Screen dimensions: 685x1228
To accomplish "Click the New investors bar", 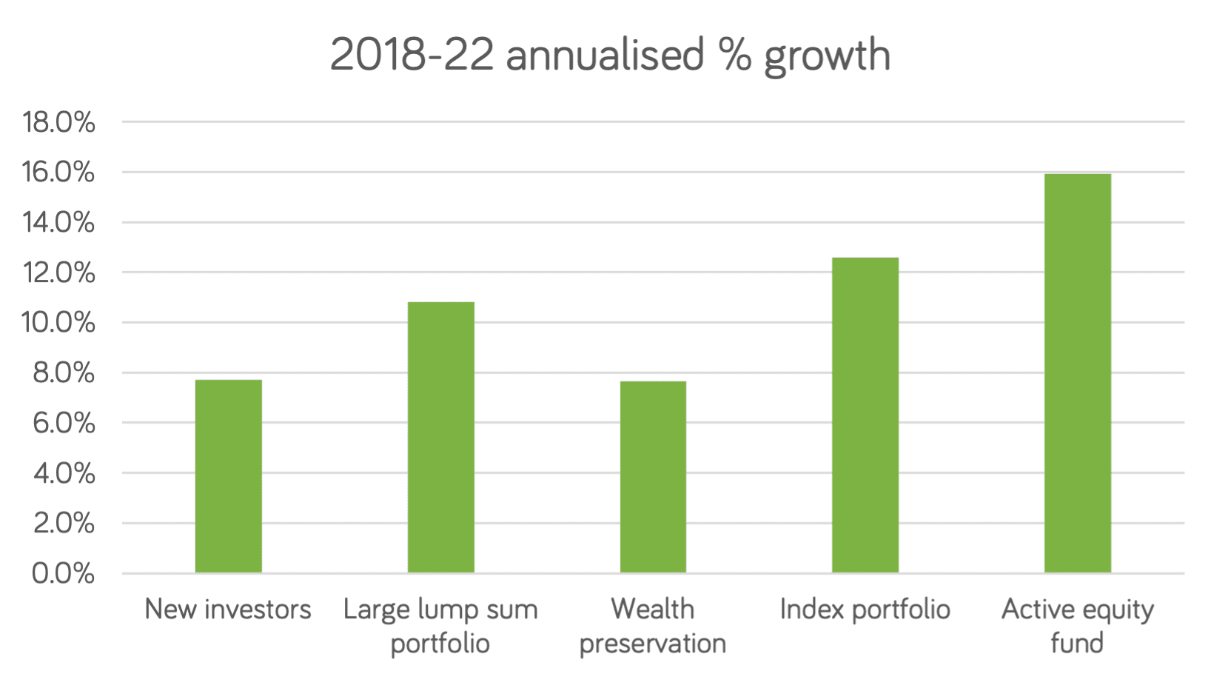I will (228, 476).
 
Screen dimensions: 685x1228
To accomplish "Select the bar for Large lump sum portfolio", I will (440, 437).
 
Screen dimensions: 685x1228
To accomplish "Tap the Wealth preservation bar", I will (653, 477).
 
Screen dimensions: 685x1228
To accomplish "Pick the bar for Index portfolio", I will (865, 415).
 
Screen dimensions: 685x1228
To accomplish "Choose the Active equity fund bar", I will (1077, 373).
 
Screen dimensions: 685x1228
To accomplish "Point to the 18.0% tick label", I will (59, 122).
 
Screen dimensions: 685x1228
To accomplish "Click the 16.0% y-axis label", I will (59, 173).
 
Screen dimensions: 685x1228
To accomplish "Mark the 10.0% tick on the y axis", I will (59, 323).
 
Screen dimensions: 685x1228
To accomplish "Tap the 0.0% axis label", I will (63, 573).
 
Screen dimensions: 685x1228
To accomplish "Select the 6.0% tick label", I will (63, 423).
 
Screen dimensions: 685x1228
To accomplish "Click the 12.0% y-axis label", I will (59, 273).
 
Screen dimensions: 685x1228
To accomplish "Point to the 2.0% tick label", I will (63, 524).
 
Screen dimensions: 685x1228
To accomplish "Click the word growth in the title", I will (827, 56).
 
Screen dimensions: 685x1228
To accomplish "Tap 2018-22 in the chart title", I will (411, 56).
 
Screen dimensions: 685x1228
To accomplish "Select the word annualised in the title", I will (605, 56).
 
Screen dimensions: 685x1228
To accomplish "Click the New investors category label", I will (228, 609).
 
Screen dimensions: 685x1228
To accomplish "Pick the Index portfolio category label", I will (865, 609).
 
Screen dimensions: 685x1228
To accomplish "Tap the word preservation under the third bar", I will (652, 644).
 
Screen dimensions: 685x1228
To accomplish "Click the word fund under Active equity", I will (1077, 643).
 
